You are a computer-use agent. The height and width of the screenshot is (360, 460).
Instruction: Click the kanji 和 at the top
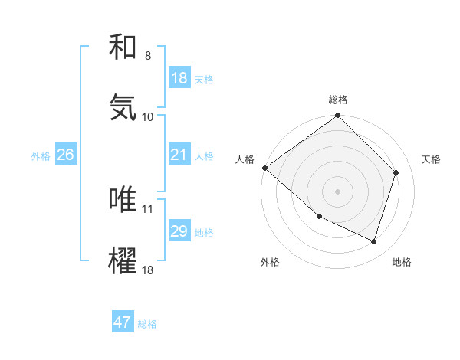tap(123, 48)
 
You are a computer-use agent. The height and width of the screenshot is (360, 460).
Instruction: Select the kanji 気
tap(123, 107)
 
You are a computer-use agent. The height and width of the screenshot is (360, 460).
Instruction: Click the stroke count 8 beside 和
tap(148, 56)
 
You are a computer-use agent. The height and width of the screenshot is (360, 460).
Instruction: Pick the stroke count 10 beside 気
tap(148, 116)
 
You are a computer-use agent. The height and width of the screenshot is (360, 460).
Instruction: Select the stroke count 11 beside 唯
tap(148, 208)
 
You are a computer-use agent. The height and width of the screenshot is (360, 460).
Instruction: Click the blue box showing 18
tap(179, 78)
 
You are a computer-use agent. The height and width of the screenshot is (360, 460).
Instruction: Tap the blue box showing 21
tap(179, 155)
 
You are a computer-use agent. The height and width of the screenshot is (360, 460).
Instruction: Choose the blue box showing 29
tap(179, 231)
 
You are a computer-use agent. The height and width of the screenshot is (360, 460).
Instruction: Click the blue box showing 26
tap(65, 155)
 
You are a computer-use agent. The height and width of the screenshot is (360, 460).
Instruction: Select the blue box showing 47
tap(123, 322)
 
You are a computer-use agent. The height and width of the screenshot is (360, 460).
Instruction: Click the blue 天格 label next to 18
tap(204, 80)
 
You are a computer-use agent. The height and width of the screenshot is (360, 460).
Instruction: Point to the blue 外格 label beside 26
tap(41, 156)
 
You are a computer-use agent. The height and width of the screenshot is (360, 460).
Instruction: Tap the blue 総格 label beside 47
tap(147, 324)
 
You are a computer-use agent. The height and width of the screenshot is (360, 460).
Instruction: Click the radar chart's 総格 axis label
tap(337, 100)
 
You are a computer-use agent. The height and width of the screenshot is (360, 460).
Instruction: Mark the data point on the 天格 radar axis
tap(396, 172)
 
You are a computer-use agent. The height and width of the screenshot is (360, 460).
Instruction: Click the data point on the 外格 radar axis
tap(319, 216)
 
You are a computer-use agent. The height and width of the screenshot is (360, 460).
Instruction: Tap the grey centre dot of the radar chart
tap(337, 191)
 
